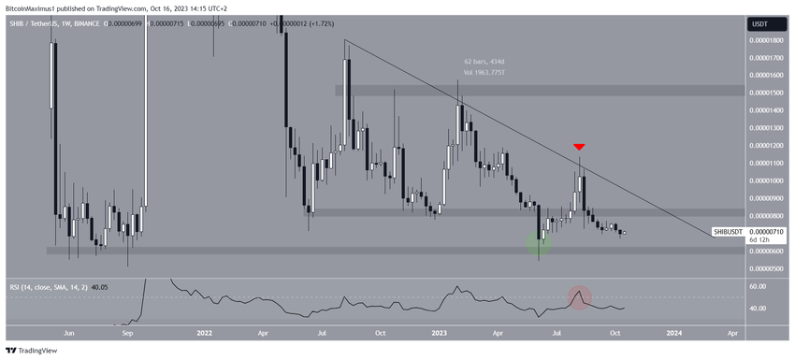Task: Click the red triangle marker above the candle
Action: [x=580, y=147]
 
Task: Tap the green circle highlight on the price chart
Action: [x=538, y=245]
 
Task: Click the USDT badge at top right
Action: [x=759, y=23]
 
